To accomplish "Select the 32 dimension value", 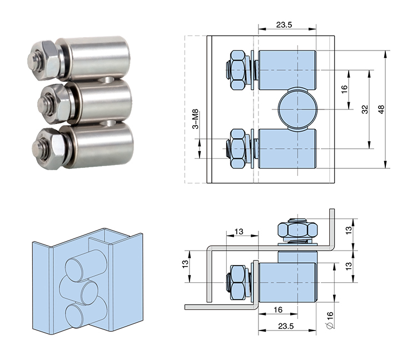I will coord(364,110).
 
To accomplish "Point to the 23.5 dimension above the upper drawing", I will coord(286,25).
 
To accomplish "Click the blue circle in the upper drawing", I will coord(295,109).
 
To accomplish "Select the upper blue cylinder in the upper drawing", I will coord(287,70).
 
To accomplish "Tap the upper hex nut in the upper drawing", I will coord(237,70).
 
